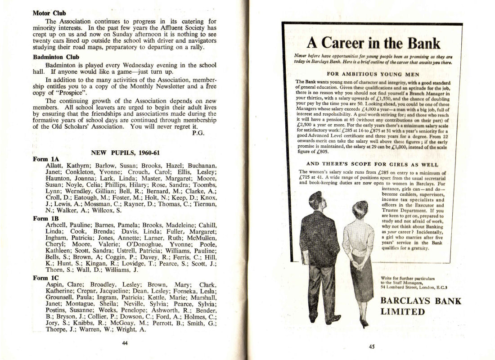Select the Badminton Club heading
pos(56,57)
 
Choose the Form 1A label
pos(46,159)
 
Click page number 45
pos(372,346)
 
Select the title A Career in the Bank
pos(373,43)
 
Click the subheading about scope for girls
pos(373,164)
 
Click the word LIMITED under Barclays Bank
pos(403,311)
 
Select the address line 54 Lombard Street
pos(414,287)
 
